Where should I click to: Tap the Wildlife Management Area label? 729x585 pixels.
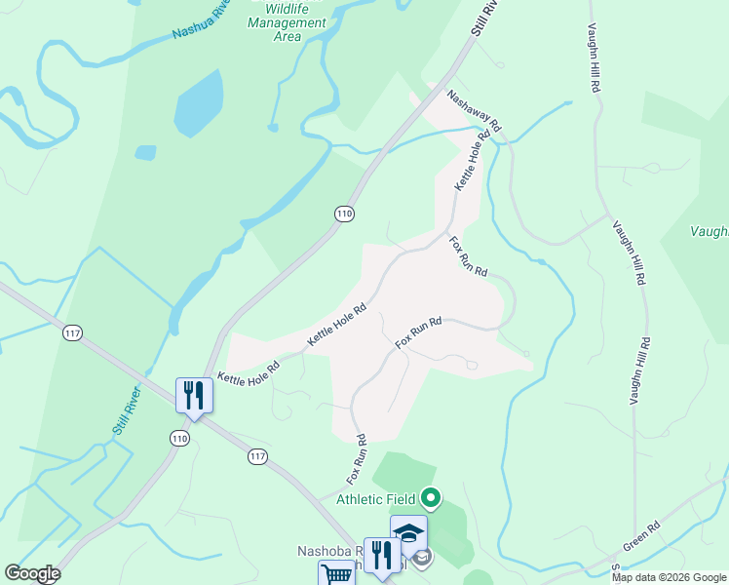pos(288,22)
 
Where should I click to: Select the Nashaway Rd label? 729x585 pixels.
pos(475,111)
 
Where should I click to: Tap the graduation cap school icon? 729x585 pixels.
pos(409,533)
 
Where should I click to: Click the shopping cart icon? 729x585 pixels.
pos(336,574)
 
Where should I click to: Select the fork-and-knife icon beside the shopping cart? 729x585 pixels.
pos(381,556)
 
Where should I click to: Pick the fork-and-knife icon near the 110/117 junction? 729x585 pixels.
pos(194,395)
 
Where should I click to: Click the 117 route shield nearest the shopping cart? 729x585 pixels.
pos(257,455)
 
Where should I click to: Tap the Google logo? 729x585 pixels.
pos(32,573)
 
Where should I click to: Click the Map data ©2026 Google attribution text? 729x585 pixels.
pos(668,577)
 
